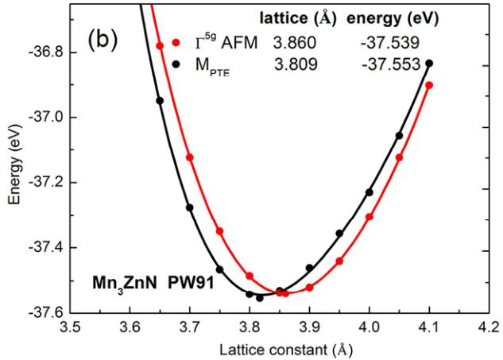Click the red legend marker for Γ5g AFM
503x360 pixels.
177,45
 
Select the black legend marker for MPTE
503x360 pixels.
177,64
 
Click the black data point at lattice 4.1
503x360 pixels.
429,63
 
